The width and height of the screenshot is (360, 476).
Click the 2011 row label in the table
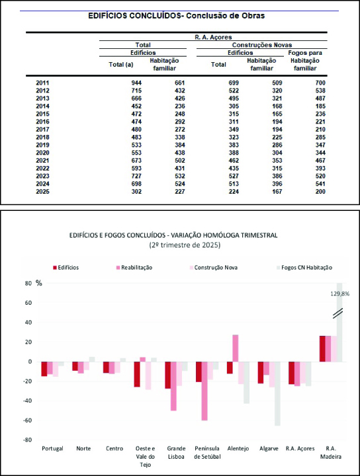coord(42,83)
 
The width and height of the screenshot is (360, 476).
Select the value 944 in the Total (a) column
coord(136,83)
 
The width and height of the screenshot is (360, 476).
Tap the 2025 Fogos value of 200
coord(320,192)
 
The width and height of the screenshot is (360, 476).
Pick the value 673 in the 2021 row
coord(136,161)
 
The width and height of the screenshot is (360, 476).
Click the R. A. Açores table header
coord(213,37)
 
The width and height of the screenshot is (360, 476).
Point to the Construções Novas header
coord(262,45)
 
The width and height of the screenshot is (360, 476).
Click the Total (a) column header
coord(121,65)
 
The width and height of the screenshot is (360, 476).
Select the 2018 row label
coord(42,138)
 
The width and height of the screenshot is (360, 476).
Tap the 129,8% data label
coord(340,294)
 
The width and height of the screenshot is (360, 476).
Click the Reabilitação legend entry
coord(134,268)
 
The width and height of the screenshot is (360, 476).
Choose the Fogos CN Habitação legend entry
coord(304,268)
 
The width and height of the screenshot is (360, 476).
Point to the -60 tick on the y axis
coord(28,420)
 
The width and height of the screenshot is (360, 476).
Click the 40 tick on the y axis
coord(28,323)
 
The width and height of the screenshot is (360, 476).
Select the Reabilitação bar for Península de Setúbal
coord(204,391)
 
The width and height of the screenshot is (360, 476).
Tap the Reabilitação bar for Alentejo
coord(236,348)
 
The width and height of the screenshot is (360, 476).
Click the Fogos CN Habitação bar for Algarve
coord(277,393)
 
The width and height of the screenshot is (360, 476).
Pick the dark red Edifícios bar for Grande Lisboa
coord(167,376)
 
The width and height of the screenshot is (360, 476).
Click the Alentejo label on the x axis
coord(238,449)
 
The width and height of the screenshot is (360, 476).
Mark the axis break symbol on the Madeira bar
coord(337,313)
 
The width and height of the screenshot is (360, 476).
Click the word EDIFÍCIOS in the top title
coord(107,16)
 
